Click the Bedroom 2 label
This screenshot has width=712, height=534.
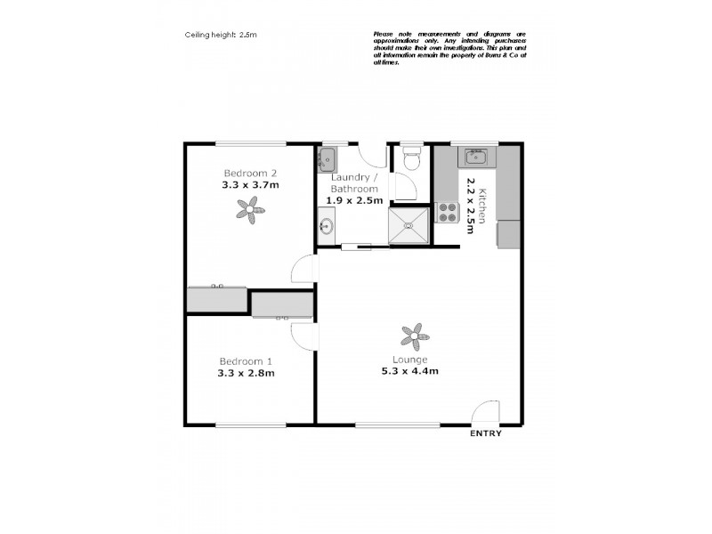click(250, 173)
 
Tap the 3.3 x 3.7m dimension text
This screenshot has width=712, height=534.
click(250, 185)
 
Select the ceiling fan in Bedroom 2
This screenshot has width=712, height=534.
click(250, 209)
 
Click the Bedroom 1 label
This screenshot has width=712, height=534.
click(246, 361)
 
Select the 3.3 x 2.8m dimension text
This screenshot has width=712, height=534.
click(246, 373)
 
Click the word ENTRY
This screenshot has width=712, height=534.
click(485, 433)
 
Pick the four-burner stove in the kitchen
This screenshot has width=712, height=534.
click(446, 213)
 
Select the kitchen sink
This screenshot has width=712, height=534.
click(473, 158)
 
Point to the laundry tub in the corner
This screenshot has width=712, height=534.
click(328, 159)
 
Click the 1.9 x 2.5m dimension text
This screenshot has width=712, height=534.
click(354, 200)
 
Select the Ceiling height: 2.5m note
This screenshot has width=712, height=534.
click(221, 35)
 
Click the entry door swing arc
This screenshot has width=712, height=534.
click(485, 412)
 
